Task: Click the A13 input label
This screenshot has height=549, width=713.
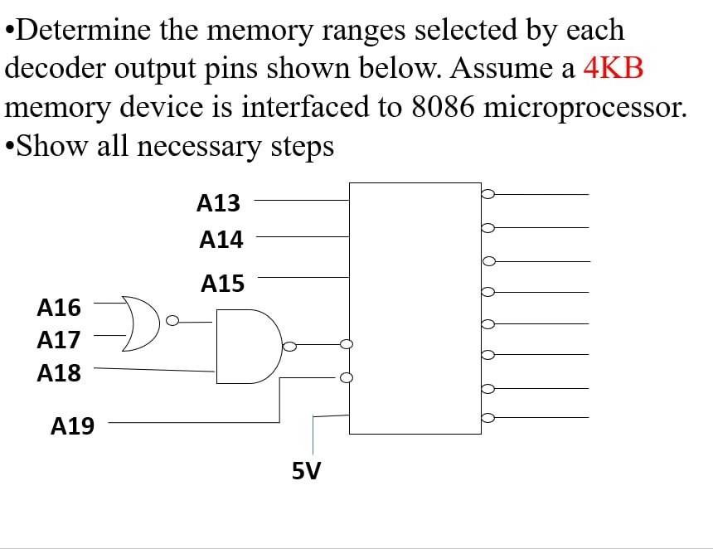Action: pos(219,202)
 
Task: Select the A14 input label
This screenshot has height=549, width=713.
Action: pos(221,240)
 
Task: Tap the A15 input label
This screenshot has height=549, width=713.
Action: pos(222,284)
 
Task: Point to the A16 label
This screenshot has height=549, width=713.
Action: pos(60,309)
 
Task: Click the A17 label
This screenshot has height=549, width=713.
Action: pos(59,340)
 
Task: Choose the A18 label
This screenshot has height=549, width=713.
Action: pos(60,373)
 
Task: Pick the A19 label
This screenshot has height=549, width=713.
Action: pos(73,427)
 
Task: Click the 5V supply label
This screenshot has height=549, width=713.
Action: pos(307,472)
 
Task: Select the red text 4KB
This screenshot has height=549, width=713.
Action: pos(614,68)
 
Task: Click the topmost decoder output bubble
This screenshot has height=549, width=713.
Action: pos(488,194)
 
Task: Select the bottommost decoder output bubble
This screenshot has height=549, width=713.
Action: pos(488,420)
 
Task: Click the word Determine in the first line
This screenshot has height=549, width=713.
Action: pos(76,30)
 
